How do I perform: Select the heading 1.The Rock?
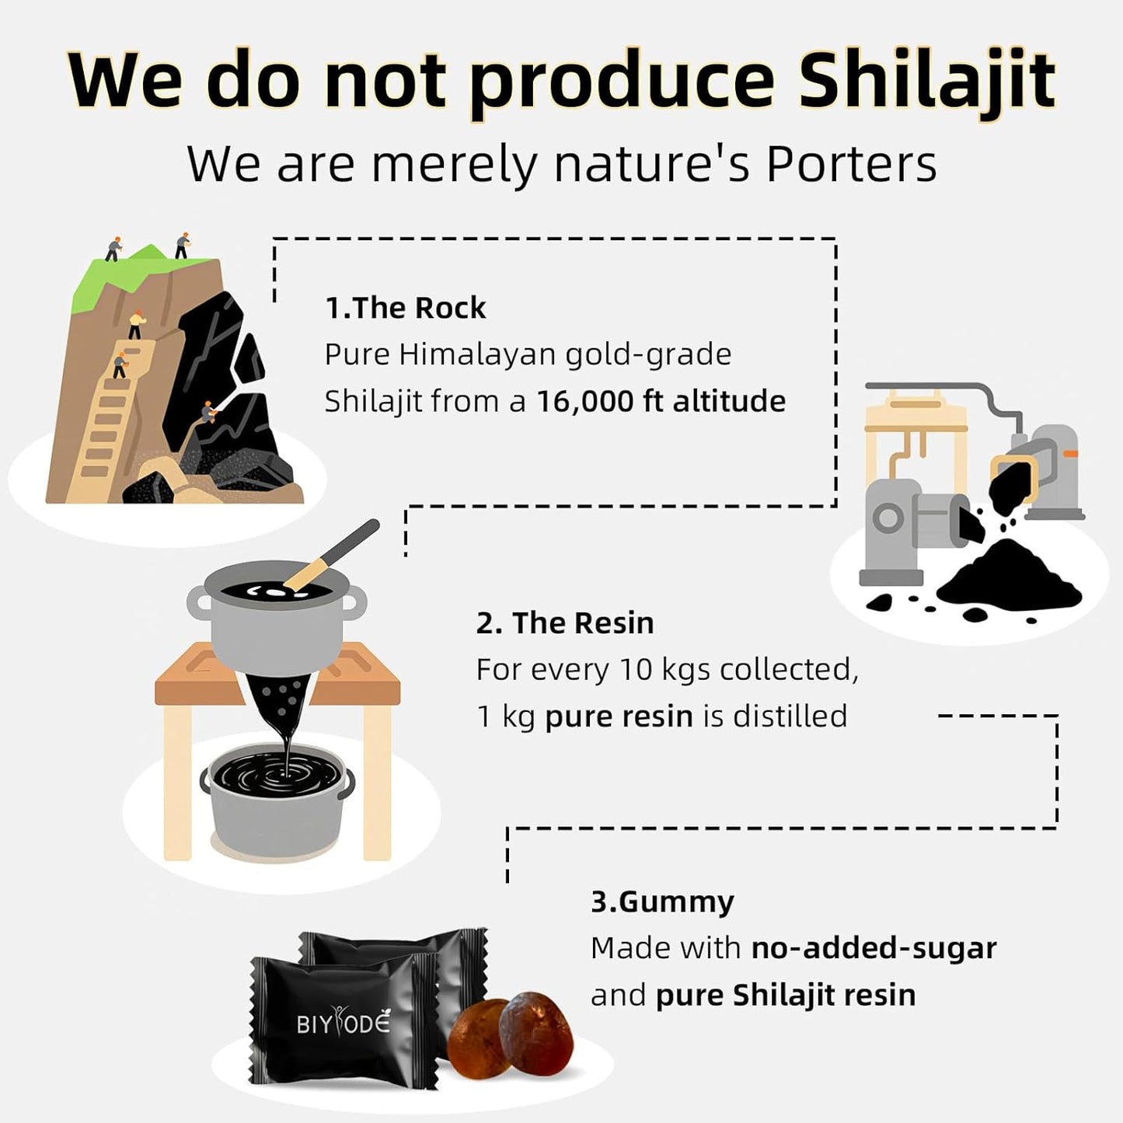pos(405,308)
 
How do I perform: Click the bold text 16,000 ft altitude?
pos(661,401)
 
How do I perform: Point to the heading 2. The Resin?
pos(564,623)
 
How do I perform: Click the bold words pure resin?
pos(619,716)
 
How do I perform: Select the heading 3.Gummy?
pos(662,902)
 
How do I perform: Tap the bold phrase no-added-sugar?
pos(874,948)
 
